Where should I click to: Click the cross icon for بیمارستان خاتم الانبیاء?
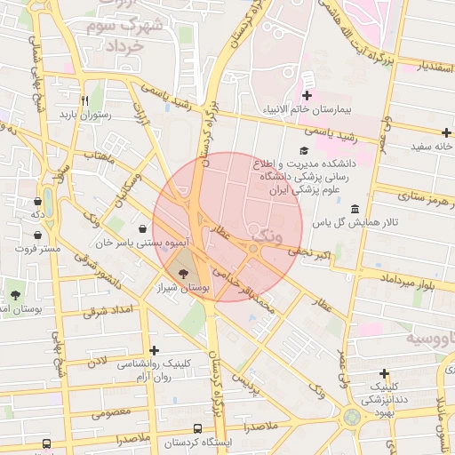tap(307, 95)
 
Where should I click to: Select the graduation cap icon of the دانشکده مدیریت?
tap(303, 151)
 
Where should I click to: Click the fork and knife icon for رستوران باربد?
tap(84, 100)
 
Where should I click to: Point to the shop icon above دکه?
tap(38, 201)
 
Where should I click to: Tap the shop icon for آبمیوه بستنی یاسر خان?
tap(142, 228)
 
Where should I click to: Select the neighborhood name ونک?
tap(267, 238)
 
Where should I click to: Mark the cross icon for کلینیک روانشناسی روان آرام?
tap(156, 351)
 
